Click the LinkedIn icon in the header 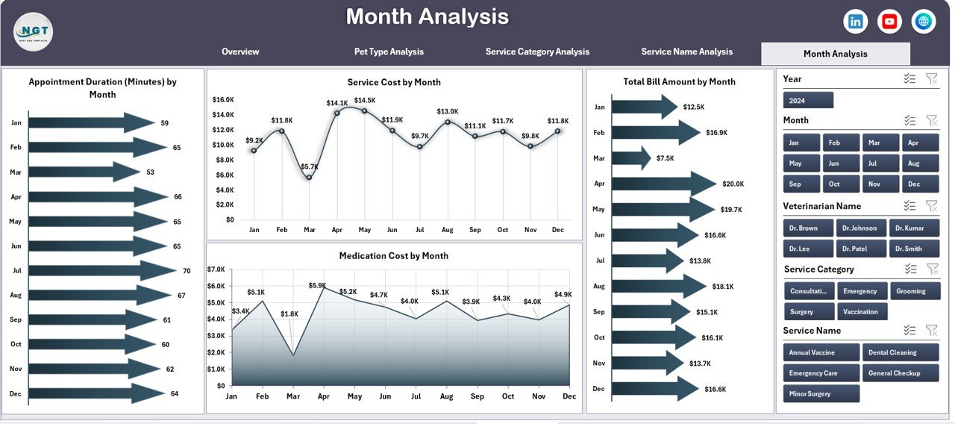pos(855,22)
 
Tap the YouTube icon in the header pos(889,22)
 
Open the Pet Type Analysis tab pos(389,52)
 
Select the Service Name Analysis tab pos(686,52)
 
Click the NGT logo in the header pos(33,32)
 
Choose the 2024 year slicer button pos(808,100)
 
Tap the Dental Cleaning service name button pos(901,352)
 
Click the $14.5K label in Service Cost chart pos(365,100)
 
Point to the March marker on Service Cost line pos(309,177)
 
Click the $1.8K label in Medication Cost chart pos(290,314)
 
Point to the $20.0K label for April pos(733,184)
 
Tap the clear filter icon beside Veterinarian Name pos(931,206)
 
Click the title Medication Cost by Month pos(393,255)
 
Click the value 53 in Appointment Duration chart pos(150,172)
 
